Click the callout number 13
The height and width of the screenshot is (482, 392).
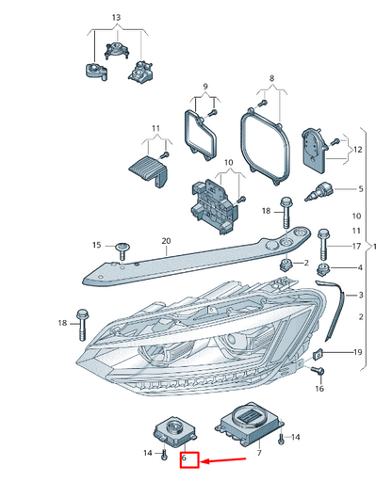pyautogui.click(x=116, y=18)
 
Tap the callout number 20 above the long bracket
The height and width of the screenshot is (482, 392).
pyautogui.click(x=166, y=241)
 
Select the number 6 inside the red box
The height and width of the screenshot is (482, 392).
pyautogui.click(x=184, y=458)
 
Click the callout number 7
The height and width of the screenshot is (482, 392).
pyautogui.click(x=259, y=453)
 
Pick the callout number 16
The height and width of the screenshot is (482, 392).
pyautogui.click(x=319, y=389)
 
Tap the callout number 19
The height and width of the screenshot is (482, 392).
pyautogui.click(x=358, y=352)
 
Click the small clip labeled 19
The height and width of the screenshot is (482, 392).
pyautogui.click(x=318, y=354)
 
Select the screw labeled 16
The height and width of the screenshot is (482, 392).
pyautogui.click(x=318, y=371)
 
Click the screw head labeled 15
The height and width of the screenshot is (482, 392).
pyautogui.click(x=122, y=248)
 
